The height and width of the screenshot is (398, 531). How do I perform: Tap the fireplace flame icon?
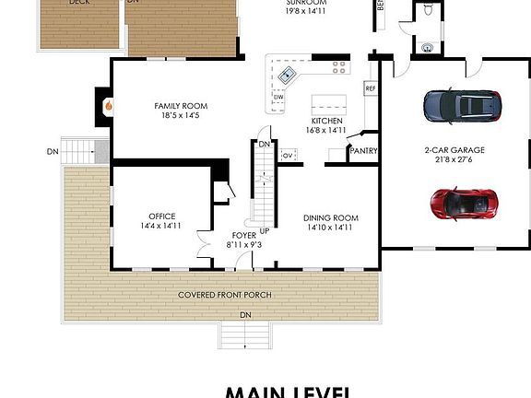click(x=109, y=106)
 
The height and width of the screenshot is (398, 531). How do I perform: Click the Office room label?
click(x=161, y=221)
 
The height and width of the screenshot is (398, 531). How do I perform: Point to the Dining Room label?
click(x=330, y=222)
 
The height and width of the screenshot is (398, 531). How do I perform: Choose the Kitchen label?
click(x=327, y=125)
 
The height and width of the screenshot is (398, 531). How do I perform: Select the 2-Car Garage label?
click(x=454, y=154)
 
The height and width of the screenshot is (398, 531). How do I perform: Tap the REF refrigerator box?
click(x=371, y=88)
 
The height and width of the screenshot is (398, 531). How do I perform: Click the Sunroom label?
click(x=307, y=8)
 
